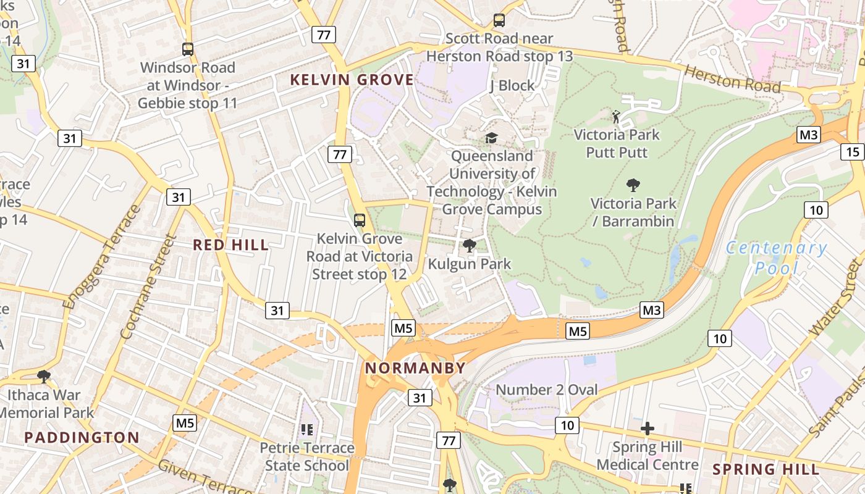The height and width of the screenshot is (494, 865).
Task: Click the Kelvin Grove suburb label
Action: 352,80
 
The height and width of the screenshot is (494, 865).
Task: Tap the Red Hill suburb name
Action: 230,245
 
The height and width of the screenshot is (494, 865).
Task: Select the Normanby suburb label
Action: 415,369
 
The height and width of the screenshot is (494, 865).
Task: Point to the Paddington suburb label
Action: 82,438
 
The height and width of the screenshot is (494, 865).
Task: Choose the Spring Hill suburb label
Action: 766,469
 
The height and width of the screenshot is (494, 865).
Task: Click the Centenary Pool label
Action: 777,258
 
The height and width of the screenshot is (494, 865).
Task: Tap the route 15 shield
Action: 853,152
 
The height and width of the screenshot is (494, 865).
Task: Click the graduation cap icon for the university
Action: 491,138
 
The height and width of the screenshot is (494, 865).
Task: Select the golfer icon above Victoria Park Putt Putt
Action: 616,116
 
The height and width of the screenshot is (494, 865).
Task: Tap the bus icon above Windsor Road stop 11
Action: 187,49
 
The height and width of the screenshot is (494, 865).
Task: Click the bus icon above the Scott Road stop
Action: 499,20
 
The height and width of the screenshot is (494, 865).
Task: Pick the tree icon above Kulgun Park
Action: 470,246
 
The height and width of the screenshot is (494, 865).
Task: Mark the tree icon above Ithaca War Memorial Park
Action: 44,376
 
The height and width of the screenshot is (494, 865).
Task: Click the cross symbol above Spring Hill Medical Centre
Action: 648,429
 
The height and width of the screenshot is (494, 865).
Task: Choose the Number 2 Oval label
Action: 547,390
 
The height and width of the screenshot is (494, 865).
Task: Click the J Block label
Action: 512,85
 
